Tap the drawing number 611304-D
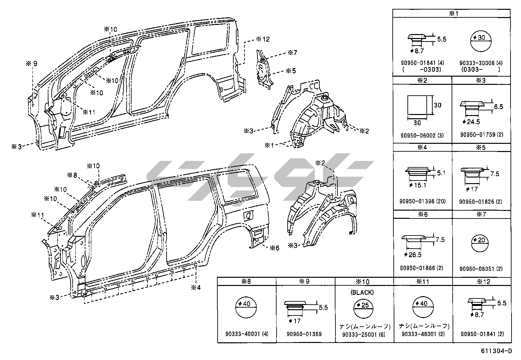point(496,351)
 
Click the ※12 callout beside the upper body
point(263,39)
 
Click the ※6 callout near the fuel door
point(275,248)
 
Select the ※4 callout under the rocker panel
point(196,288)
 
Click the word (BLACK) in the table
point(362,293)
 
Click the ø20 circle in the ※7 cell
point(481,244)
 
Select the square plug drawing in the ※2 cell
point(417,105)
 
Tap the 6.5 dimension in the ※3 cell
point(498,107)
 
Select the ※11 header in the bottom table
point(423,281)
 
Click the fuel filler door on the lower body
point(248,215)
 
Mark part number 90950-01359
point(304,334)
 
